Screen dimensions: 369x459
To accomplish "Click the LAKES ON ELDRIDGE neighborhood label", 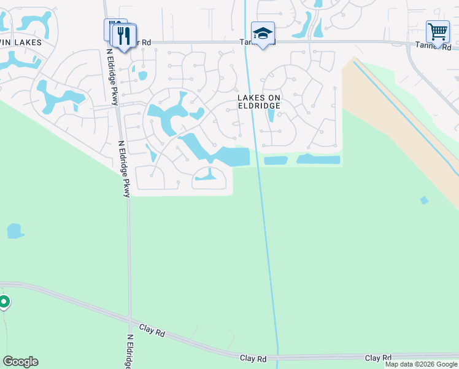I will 259,101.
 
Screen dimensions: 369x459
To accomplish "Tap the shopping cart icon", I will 438,31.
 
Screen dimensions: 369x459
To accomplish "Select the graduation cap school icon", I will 263,33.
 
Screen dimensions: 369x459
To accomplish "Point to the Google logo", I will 20,362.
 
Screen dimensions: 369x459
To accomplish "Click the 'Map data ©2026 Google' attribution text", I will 422,364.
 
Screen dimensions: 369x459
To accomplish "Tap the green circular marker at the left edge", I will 4,302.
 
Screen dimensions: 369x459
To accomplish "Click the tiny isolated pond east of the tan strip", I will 423,200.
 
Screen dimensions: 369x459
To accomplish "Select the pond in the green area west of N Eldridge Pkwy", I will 15,231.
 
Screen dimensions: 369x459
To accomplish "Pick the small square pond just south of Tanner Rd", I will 142,76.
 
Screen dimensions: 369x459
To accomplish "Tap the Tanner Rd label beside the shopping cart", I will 433,47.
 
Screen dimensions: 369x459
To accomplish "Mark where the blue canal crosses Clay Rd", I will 277,356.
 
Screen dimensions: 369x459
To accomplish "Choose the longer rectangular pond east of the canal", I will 318,159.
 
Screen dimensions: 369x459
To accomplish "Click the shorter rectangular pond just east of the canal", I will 276,161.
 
